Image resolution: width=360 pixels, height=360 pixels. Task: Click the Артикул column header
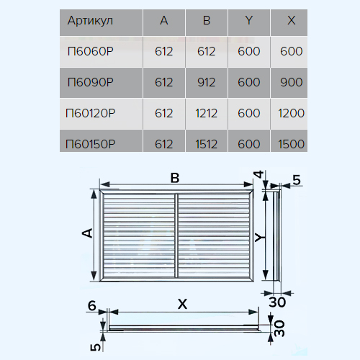[x=90, y=21]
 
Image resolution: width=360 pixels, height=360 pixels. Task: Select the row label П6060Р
[x=91, y=51]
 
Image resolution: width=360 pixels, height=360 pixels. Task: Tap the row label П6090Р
[x=91, y=82]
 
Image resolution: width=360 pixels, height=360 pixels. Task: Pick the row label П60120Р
[x=91, y=113]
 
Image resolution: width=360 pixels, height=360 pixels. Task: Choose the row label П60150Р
[x=91, y=144]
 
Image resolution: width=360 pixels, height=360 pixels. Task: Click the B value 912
[x=207, y=82]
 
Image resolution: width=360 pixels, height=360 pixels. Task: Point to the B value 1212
[x=207, y=113]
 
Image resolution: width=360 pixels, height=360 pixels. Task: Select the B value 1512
[x=207, y=144]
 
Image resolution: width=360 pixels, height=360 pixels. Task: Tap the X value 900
[x=292, y=82]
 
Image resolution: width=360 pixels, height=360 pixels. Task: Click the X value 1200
[x=292, y=113]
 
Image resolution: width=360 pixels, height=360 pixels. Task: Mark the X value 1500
[x=292, y=144]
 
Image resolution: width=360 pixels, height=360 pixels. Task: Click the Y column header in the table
[x=249, y=20]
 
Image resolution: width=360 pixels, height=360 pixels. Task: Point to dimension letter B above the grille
[x=175, y=179]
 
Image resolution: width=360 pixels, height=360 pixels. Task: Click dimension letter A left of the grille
[x=87, y=233]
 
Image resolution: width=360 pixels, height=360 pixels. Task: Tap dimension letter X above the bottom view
[x=182, y=305]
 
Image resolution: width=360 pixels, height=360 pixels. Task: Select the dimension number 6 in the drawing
[x=92, y=306]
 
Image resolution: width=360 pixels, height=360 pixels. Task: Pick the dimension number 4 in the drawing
[x=259, y=174]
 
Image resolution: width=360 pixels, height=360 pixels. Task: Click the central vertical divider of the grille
[x=176, y=235]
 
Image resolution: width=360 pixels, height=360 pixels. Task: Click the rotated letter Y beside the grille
[x=260, y=238]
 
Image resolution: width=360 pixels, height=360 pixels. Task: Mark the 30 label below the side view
[x=277, y=302]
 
